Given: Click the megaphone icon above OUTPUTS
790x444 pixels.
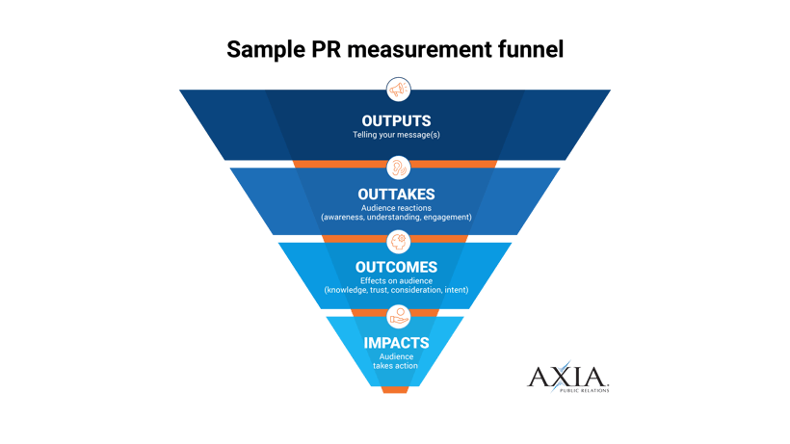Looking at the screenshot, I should tap(395, 90).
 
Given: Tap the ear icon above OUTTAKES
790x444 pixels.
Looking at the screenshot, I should tap(395, 168).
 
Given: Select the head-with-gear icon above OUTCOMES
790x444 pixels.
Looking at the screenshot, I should tap(395, 241).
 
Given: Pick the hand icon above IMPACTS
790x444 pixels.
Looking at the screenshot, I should tap(395, 315).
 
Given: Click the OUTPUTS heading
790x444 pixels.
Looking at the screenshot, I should tap(395, 120).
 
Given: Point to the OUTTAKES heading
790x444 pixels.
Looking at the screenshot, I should tap(395, 195).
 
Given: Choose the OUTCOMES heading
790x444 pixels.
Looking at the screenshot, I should tap(395, 267).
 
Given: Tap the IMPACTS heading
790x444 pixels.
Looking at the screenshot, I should tap(395, 342).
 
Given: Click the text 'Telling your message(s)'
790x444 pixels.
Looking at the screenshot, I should tap(395, 135).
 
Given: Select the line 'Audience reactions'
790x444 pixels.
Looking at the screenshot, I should tap(395, 208).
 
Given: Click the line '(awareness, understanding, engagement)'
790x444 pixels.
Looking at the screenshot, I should tap(395, 219).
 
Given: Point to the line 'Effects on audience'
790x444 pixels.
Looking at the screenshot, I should tap(395, 281).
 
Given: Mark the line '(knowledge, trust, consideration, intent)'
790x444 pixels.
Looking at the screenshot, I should tap(395, 291).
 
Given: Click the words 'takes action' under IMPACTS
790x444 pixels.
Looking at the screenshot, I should tap(395, 366).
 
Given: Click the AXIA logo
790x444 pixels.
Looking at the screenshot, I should tap(567, 377).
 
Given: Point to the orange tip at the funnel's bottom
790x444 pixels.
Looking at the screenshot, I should tap(395, 390).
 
